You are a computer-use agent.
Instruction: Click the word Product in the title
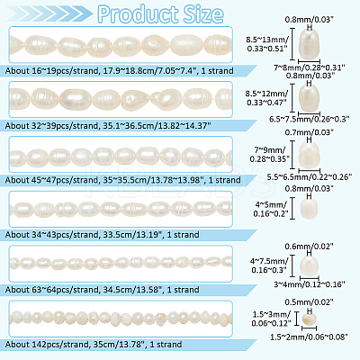[138, 14]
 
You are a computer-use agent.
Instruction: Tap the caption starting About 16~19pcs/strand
[120, 71]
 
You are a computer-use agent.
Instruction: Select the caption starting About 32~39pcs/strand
[108, 126]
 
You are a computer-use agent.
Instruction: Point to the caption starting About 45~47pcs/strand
[123, 180]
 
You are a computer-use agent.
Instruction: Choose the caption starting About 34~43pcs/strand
[103, 235]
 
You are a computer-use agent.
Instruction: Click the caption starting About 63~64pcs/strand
[103, 290]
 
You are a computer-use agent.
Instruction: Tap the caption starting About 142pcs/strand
[94, 344]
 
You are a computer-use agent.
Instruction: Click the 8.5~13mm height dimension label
[267, 44]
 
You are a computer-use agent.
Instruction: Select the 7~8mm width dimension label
[310, 67]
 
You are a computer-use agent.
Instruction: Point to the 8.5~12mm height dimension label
[267, 98]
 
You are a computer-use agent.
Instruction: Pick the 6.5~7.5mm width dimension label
[310, 119]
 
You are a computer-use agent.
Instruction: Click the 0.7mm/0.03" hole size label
[310, 132]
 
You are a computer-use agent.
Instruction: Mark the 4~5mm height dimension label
[271, 209]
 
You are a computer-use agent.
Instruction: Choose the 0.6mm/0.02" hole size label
[310, 247]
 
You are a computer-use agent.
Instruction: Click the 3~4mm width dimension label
[310, 283]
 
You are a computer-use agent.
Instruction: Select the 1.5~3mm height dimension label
[271, 319]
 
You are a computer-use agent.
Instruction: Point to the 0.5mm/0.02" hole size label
[310, 301]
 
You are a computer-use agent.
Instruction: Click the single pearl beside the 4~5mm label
[309, 208]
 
